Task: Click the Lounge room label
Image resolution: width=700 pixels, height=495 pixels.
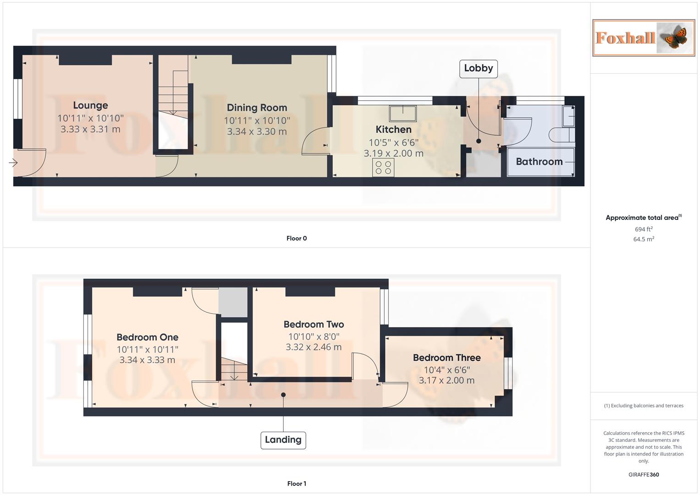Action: [90, 105]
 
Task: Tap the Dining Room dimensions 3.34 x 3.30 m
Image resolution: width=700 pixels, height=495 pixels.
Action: [257, 132]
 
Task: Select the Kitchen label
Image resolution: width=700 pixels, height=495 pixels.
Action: [393, 129]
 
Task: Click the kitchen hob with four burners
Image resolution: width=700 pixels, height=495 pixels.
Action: [383, 167]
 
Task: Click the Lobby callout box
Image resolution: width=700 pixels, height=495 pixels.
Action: [478, 68]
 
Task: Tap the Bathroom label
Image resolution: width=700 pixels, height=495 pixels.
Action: [539, 161]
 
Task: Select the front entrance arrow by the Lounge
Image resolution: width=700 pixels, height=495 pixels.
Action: [13, 163]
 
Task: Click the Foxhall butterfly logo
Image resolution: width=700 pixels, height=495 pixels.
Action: [643, 38]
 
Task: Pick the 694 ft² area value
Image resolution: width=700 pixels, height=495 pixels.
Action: [643, 229]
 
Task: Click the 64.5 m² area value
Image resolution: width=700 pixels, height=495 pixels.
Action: [643, 239]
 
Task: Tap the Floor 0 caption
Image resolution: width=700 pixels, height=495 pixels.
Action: [297, 238]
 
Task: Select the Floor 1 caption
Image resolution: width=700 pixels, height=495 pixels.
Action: [297, 484]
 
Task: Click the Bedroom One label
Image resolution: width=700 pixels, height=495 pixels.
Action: [147, 337]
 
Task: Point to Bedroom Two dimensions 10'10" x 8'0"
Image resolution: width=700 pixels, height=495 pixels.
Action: [314, 336]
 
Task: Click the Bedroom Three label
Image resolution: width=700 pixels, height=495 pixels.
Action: [446, 357]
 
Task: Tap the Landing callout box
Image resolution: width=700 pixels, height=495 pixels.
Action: [283, 440]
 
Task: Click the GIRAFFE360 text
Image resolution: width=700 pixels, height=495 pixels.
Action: [643, 475]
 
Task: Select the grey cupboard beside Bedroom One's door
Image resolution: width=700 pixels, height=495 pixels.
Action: [232, 302]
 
